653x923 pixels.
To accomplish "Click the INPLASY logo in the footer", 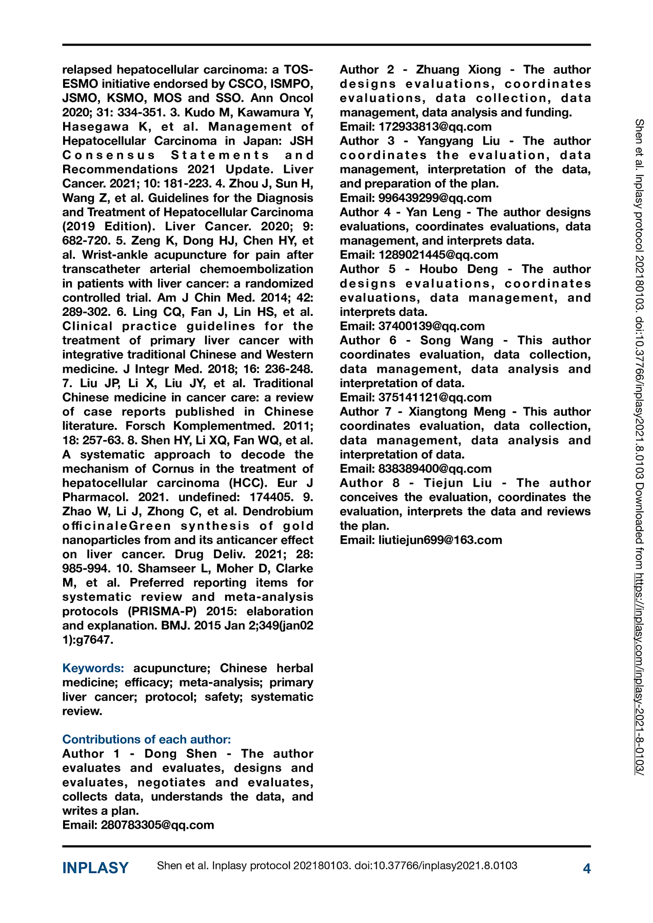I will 95,868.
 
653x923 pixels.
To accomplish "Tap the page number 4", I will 587,868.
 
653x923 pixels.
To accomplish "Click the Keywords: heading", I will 93,668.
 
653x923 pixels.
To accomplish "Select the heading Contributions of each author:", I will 147,739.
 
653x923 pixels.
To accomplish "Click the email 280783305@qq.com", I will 157,825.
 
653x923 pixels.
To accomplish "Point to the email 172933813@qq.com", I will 435,127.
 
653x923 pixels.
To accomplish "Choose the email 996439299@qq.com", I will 435,198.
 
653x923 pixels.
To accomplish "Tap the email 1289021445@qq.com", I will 438,255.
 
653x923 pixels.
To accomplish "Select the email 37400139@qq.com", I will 431,326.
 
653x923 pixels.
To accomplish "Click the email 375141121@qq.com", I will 435,397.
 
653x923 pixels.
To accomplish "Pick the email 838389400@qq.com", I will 435,469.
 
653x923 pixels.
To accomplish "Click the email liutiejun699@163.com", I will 440,540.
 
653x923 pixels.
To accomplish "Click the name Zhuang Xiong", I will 459,70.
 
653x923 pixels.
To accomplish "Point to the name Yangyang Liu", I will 459,141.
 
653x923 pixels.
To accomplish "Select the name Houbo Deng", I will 459,269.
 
